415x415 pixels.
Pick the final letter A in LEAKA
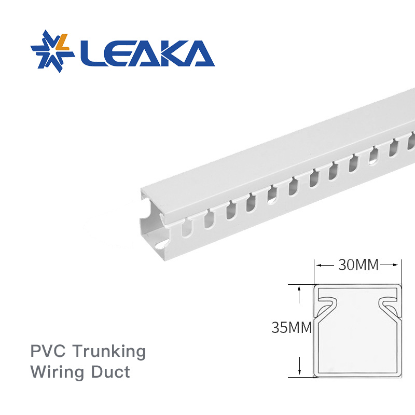tap(198, 52)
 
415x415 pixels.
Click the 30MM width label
tap(358, 265)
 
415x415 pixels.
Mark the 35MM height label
tap(291, 327)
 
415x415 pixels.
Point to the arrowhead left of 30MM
tap(319, 265)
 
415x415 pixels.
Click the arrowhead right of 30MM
tap(397, 265)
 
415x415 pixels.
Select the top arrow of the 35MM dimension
tap(299, 290)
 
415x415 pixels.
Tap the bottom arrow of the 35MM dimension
tap(299, 370)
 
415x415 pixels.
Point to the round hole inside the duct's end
tap(161, 243)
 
